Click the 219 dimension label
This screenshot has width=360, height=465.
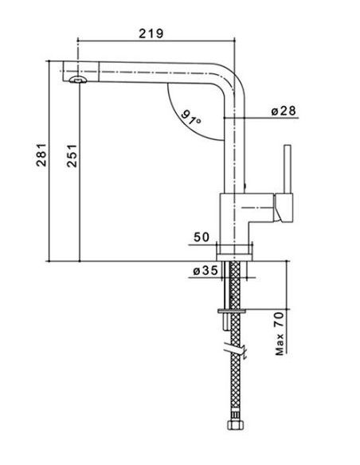151,33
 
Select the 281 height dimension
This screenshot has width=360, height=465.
41,154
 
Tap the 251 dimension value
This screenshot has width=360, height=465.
72,156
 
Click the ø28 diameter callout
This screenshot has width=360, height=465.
284,111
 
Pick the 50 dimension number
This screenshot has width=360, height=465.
202,237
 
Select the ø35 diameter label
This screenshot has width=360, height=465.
205,271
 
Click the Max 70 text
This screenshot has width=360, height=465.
280,334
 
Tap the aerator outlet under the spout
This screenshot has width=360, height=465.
78,80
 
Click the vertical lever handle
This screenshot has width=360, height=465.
288,169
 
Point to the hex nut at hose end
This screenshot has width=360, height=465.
235,425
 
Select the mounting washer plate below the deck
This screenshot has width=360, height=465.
232,311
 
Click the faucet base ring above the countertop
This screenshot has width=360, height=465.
235,258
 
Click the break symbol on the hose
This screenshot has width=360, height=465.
235,350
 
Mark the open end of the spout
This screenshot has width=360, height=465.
64,71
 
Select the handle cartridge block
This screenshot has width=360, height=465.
284,208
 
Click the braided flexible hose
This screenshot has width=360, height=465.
236,341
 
